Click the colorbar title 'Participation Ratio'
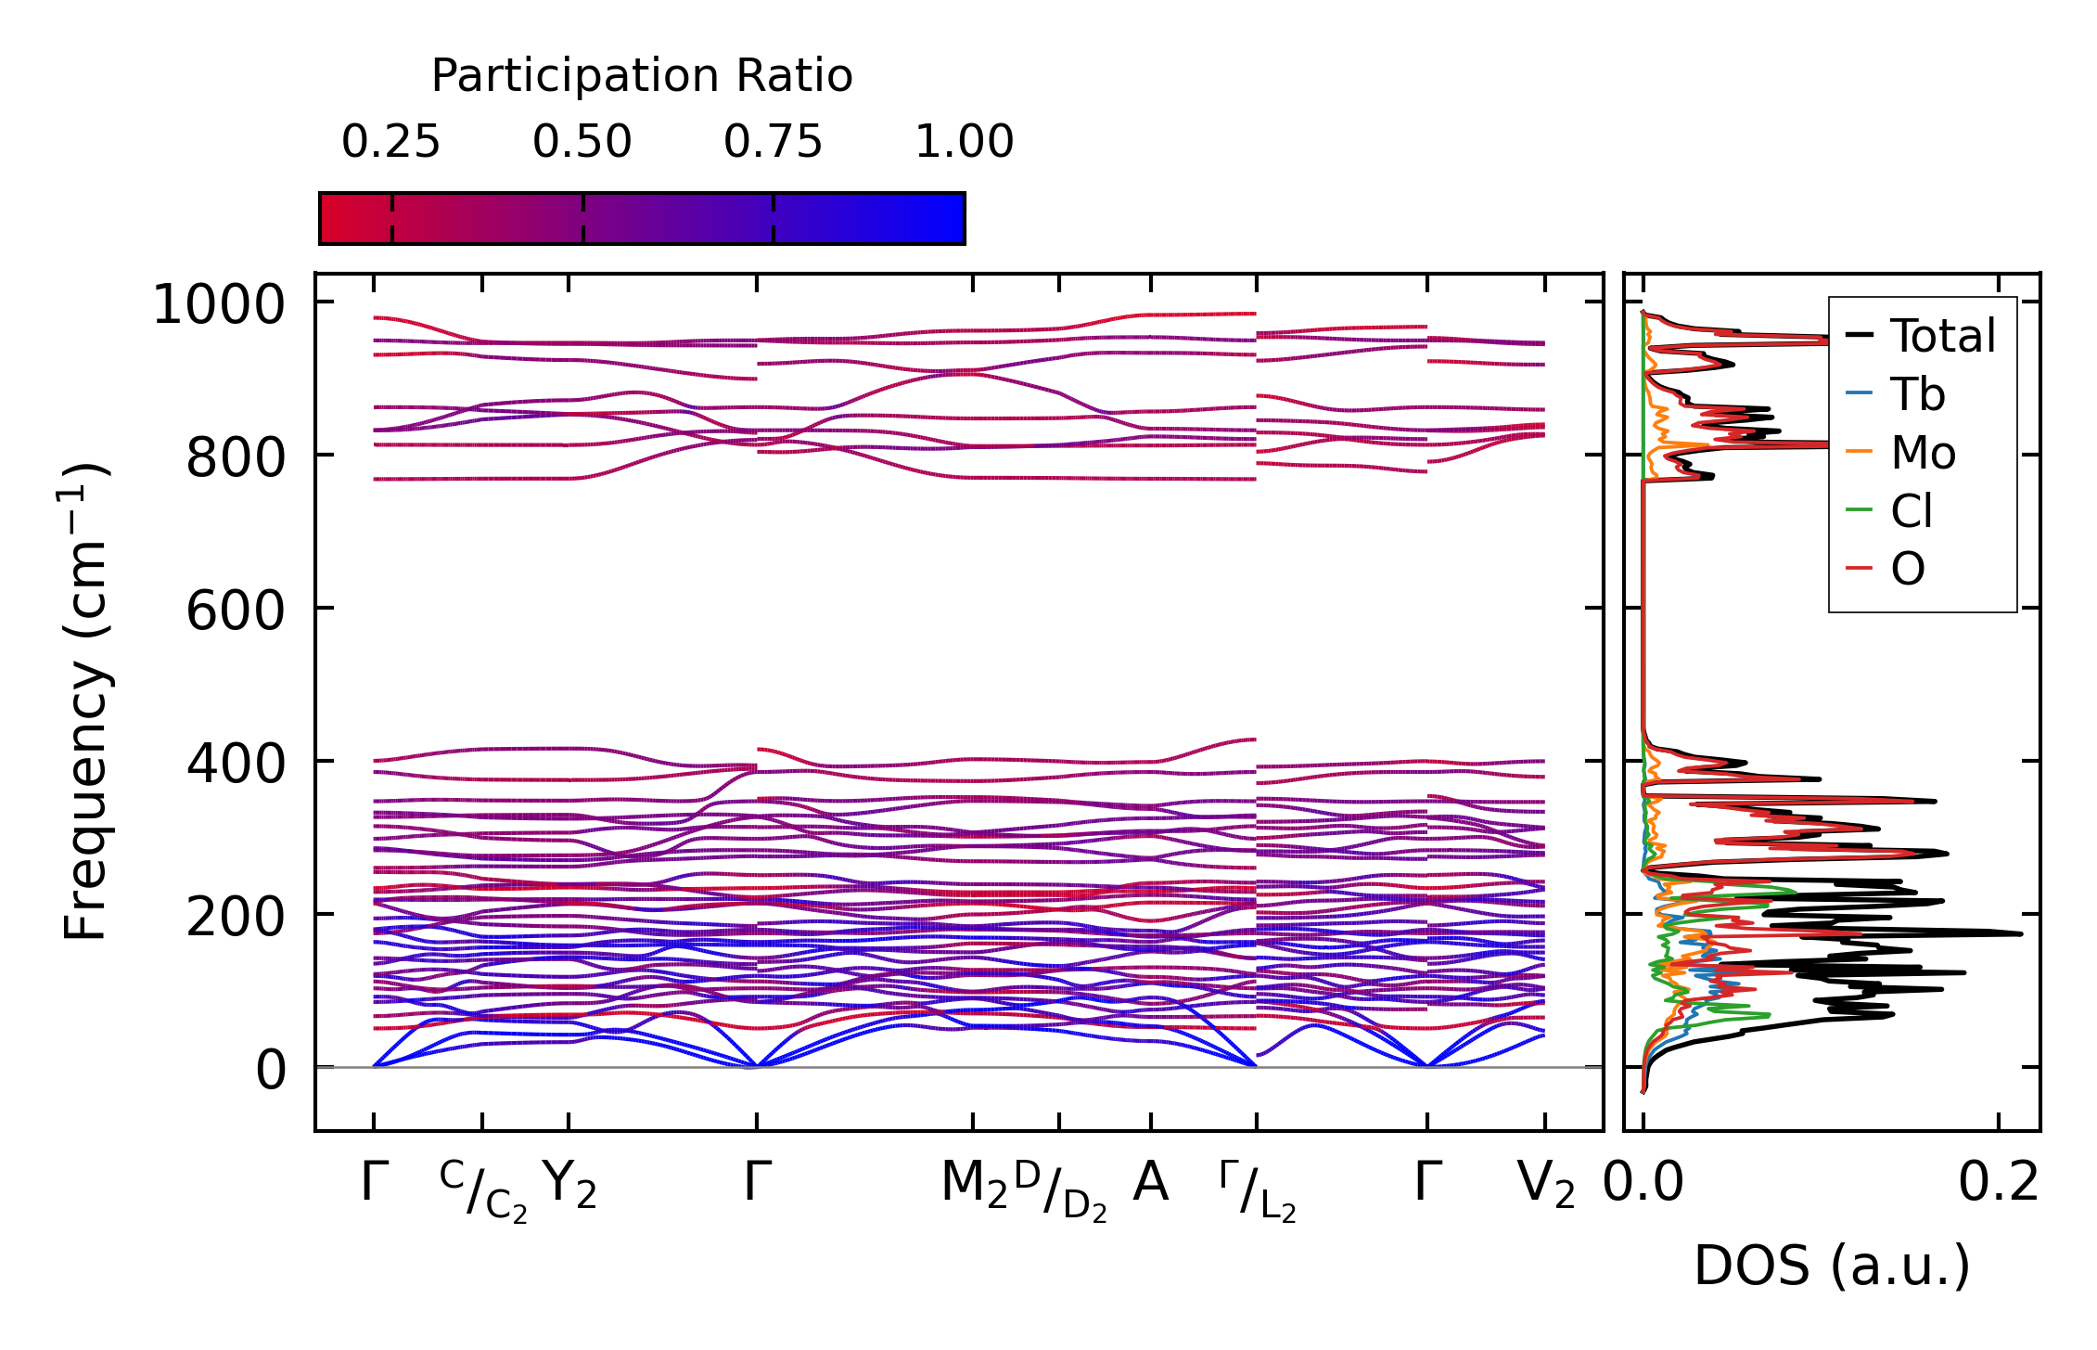(642, 76)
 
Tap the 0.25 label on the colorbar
(390, 143)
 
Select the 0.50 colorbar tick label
(582, 143)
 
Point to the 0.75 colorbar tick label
(773, 143)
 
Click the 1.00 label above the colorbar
(964, 143)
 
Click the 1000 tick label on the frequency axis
(219, 304)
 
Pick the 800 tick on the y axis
(236, 457)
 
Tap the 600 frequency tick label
(236, 611)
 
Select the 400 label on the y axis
(236, 765)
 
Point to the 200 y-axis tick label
(236, 918)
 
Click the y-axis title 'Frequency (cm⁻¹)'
(86, 701)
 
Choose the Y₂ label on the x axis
(569, 1185)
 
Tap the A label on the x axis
(1150, 1183)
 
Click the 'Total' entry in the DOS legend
(1942, 336)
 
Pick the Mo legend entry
(1923, 453)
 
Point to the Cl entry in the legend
(1912, 511)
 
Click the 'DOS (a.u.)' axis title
(1832, 1266)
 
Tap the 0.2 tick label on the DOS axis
(1999, 1183)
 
